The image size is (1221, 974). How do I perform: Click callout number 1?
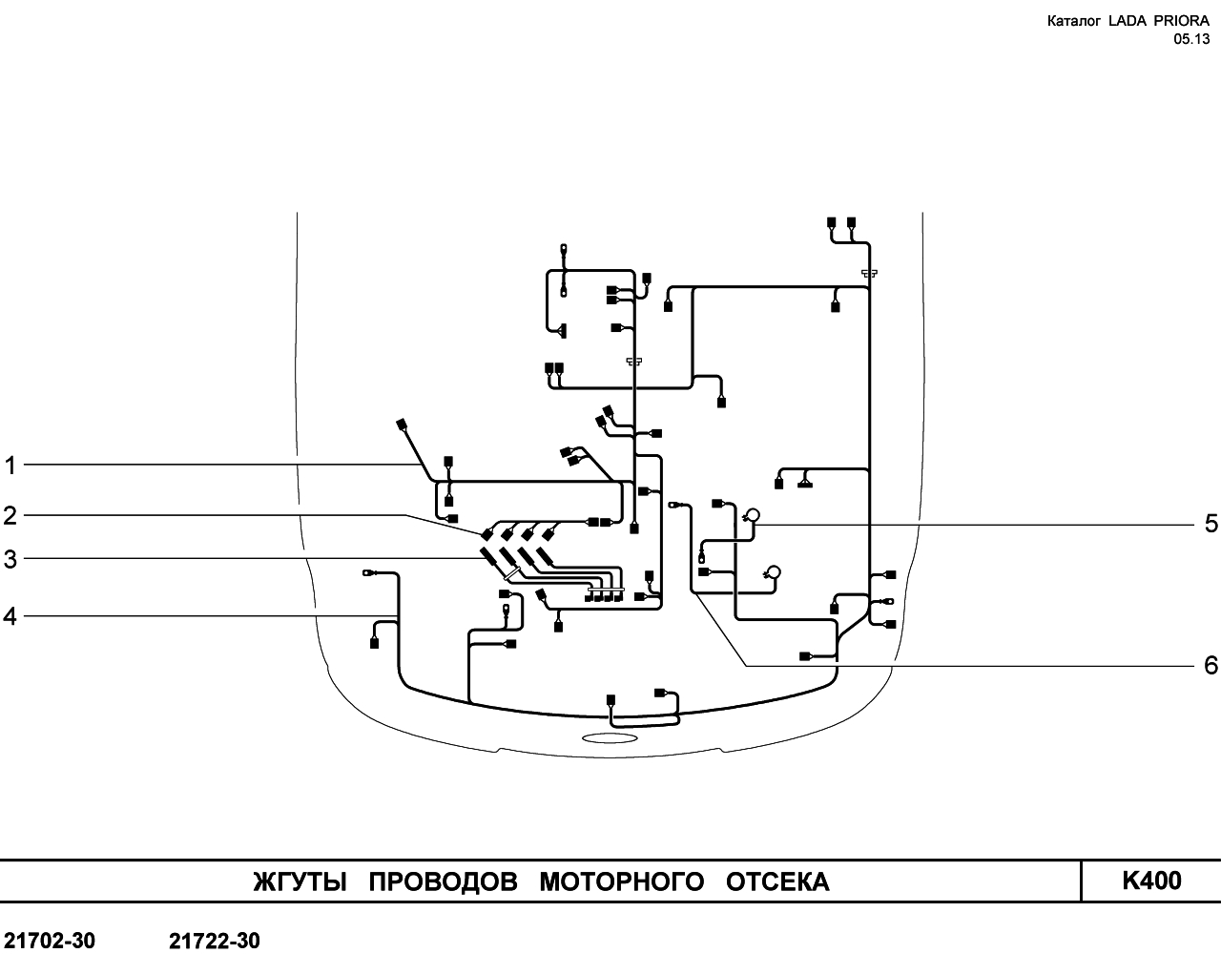(10, 466)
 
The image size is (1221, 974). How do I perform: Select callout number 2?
(10, 516)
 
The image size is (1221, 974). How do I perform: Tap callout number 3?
(10, 559)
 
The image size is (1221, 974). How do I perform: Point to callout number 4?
(10, 616)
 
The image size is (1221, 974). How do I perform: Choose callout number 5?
(1211, 524)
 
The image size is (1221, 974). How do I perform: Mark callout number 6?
(1211, 665)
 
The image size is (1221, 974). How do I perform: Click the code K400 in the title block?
(1151, 881)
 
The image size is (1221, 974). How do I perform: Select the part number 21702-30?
(50, 942)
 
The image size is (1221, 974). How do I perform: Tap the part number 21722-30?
(214, 942)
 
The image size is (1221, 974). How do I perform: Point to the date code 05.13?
(1192, 39)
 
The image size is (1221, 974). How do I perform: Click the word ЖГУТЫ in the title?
(300, 882)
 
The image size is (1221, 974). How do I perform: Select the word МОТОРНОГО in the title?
(622, 882)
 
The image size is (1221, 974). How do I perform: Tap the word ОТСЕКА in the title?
(777, 882)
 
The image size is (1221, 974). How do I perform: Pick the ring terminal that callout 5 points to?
(753, 515)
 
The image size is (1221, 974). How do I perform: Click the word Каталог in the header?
(1074, 21)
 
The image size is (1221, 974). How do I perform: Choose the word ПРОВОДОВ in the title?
(443, 882)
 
